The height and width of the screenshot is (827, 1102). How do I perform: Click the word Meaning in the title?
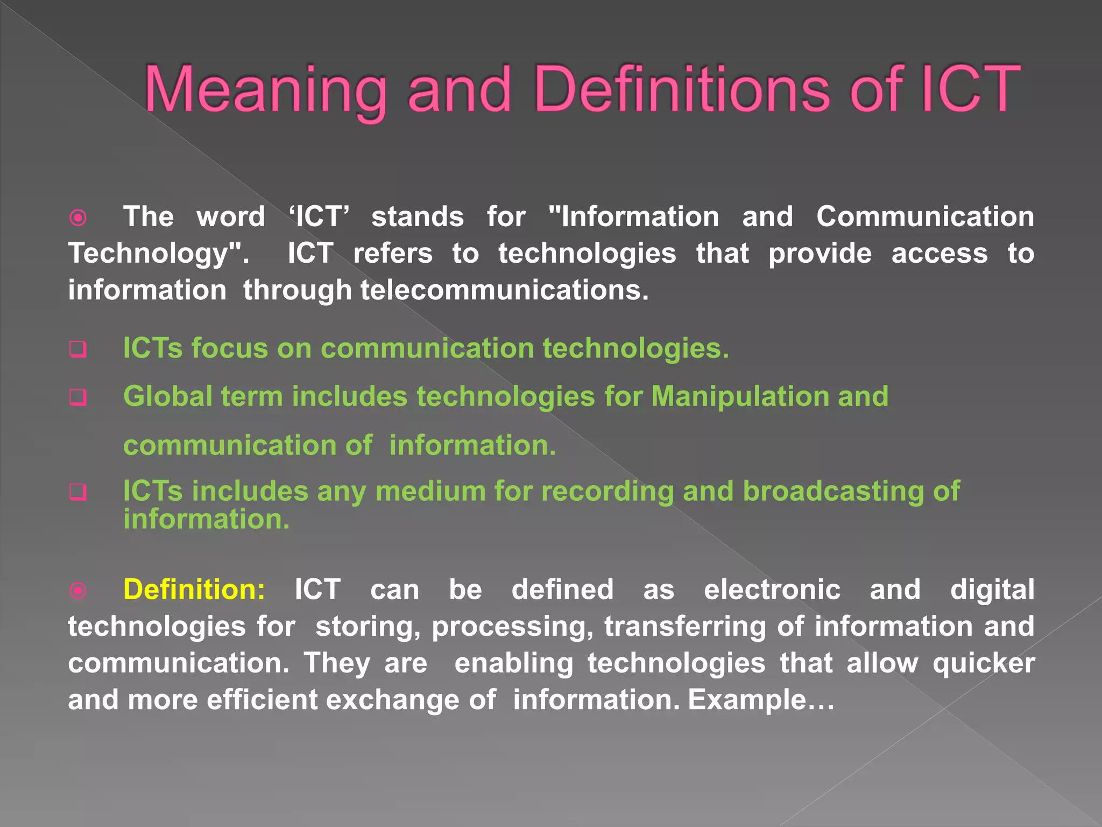click(x=265, y=90)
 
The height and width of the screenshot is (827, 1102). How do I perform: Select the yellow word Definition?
click(x=194, y=590)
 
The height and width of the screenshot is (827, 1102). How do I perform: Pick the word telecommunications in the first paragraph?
click(x=504, y=290)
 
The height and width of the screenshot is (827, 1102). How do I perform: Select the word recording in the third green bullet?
click(x=607, y=492)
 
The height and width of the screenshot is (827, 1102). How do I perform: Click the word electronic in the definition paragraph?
click(x=772, y=590)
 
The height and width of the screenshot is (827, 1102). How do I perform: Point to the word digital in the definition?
click(x=992, y=590)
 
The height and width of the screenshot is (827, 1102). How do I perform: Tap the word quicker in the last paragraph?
click(x=984, y=663)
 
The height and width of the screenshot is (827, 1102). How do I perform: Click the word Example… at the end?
click(x=761, y=700)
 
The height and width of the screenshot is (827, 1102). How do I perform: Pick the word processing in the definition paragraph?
click(x=512, y=627)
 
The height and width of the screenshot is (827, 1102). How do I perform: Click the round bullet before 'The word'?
click(x=78, y=218)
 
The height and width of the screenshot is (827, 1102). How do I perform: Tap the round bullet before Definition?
click(x=78, y=591)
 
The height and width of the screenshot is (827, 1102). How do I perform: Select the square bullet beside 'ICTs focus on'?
click(x=78, y=349)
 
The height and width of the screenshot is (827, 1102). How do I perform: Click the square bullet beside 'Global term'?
click(x=78, y=398)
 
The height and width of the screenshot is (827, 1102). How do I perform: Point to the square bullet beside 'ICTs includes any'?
click(x=78, y=492)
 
